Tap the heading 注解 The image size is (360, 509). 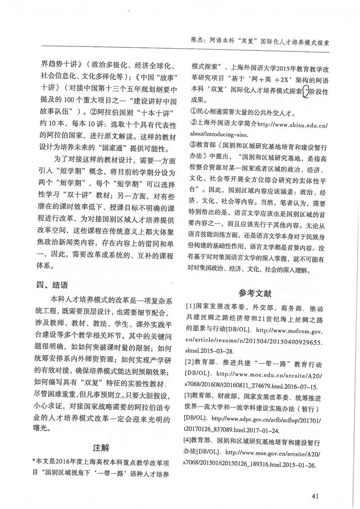point(101,448)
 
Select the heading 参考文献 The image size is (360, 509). point(256,292)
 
